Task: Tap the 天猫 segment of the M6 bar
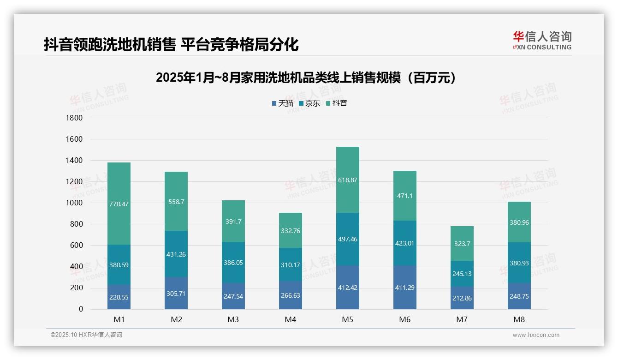tap(404, 288)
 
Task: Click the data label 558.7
tap(176, 202)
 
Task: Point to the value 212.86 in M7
tap(462, 298)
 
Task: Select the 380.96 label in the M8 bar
tap(519, 222)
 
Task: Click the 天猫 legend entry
tap(282, 103)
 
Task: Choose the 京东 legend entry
tap(309, 103)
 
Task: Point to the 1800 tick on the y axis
tap(74, 118)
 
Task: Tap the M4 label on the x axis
tap(290, 319)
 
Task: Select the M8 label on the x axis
tap(519, 319)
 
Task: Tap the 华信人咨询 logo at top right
tap(542, 40)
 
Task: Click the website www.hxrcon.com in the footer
tap(535, 335)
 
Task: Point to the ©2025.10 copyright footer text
tap(86, 335)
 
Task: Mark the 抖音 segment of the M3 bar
tap(233, 222)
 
